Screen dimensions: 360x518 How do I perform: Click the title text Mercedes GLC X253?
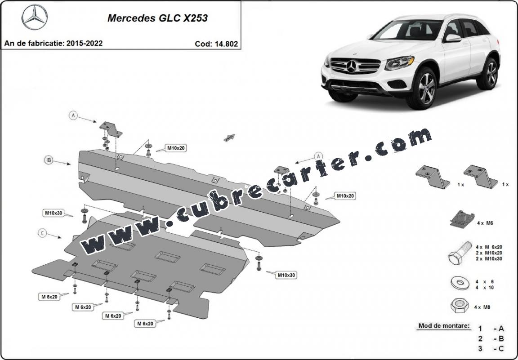pyautogui.click(x=157, y=18)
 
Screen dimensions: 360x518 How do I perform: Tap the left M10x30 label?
pyautogui.click(x=53, y=213)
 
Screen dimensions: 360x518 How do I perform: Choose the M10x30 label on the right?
pyautogui.click(x=286, y=275)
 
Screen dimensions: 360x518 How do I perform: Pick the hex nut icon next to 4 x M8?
pyautogui.click(x=458, y=307)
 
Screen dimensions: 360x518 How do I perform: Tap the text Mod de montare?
pyautogui.click(x=444, y=325)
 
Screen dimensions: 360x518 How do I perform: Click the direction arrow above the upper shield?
pyautogui.click(x=230, y=138)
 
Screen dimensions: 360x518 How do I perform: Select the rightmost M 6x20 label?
pyautogui.click(x=145, y=323)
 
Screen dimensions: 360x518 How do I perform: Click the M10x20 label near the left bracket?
pyautogui.click(x=176, y=148)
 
